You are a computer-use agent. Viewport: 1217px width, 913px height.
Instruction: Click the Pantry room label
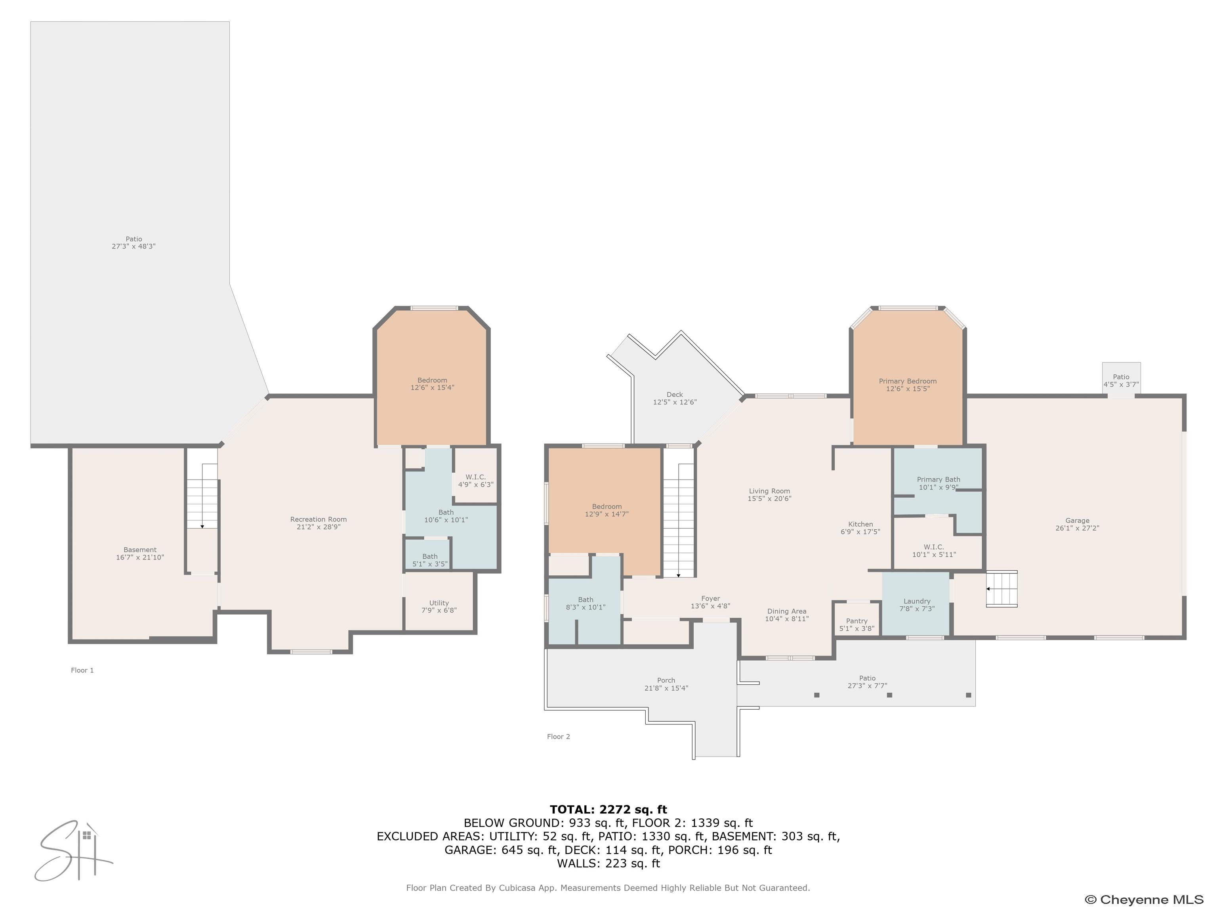856,621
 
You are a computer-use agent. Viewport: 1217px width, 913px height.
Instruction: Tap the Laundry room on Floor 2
917,604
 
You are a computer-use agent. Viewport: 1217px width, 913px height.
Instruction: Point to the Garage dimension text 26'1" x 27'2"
1077,528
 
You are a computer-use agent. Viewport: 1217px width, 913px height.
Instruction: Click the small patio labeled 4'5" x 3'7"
1121,380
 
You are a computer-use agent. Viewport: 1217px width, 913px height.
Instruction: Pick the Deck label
675,395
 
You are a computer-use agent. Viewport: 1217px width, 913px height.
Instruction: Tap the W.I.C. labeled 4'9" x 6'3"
475,480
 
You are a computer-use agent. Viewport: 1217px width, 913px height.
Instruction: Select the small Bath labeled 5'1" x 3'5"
430,560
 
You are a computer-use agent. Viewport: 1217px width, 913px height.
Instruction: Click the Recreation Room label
319,519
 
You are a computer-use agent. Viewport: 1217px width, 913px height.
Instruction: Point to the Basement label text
140,550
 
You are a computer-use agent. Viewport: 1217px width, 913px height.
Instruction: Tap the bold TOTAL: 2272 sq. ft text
608,809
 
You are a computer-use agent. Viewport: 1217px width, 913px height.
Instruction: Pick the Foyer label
710,598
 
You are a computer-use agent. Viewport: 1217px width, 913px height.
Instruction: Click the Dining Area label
787,611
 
